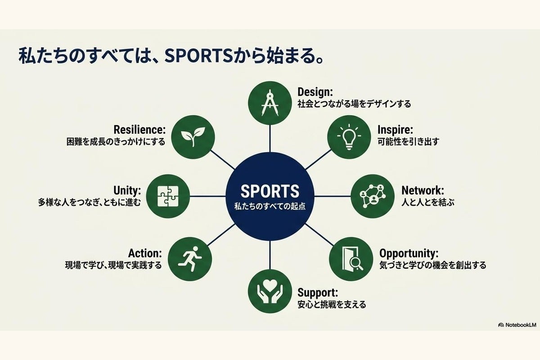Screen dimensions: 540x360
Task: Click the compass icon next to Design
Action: click(x=270, y=103)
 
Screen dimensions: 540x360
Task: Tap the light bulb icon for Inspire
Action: click(x=349, y=137)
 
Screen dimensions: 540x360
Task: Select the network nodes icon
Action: click(x=373, y=196)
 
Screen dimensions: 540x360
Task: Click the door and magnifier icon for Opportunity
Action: click(x=352, y=259)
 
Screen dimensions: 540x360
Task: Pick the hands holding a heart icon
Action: click(x=270, y=291)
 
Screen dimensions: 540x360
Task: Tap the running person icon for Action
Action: click(x=190, y=259)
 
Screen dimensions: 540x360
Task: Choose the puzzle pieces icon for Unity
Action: click(x=168, y=196)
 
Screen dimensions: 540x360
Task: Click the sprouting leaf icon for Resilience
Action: click(x=193, y=137)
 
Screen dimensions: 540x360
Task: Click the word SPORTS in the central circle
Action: click(x=270, y=191)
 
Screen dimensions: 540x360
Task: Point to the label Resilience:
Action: click(x=139, y=130)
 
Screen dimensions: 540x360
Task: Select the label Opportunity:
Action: click(x=409, y=254)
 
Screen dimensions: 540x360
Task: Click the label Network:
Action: click(x=423, y=190)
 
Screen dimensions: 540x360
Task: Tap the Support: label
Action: click(x=318, y=293)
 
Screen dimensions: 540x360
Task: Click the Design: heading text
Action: click(x=315, y=92)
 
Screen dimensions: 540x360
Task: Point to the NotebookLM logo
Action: click(x=517, y=325)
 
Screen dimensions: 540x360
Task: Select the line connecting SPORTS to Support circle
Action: click(x=270, y=255)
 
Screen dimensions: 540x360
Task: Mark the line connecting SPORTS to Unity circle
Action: click(x=207, y=196)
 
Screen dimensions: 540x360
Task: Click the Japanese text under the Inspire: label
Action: click(x=409, y=142)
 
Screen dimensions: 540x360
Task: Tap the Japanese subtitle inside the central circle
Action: click(x=270, y=207)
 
